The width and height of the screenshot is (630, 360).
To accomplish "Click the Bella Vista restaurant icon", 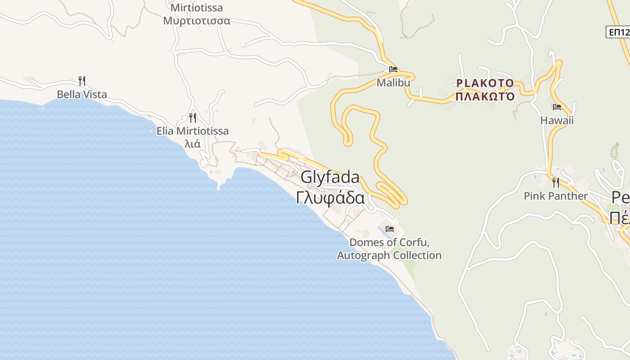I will tap(81, 81).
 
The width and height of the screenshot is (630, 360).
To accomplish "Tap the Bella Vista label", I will tap(82, 94).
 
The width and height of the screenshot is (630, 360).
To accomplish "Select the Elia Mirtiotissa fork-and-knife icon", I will tap(193, 118).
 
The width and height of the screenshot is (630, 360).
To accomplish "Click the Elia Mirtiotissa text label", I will tap(193, 131).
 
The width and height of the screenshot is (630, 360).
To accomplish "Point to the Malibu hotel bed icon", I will tap(393, 69).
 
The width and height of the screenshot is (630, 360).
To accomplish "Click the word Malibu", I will tap(393, 83).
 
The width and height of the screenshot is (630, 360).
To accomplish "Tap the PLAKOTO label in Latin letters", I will tap(485, 83).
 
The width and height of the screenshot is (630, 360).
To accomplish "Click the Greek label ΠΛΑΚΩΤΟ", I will tap(485, 96).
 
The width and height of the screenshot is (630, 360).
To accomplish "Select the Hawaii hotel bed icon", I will tap(557, 107).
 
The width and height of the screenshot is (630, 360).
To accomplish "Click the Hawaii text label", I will tap(557, 121).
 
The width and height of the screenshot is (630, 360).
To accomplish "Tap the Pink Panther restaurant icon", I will tap(556, 183).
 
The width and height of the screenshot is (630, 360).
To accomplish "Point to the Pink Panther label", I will tap(556, 196).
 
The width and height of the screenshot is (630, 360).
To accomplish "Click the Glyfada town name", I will tap(330, 177).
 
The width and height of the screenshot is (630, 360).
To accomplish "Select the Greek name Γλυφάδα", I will tap(330, 198).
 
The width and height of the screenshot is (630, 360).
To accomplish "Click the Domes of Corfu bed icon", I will tap(390, 229).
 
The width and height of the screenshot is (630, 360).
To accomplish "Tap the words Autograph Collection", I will tap(389, 256).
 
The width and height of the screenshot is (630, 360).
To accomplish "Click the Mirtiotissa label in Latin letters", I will tap(197, 8).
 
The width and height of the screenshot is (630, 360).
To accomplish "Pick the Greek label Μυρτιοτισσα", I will tap(197, 21).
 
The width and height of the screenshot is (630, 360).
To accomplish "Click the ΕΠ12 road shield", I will tap(619, 32).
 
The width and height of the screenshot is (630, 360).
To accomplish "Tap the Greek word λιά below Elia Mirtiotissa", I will tap(193, 144).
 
